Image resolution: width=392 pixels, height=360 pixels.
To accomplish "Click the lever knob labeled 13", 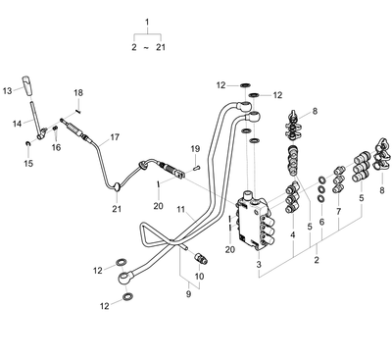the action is coord(28,86).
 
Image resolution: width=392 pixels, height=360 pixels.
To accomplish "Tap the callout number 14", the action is coord(17,124).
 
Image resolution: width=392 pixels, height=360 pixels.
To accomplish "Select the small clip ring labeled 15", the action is coord(28,143).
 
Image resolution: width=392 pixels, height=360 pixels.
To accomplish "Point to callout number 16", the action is coord(56,147).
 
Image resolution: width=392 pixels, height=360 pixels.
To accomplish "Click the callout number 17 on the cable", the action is coord(115,137).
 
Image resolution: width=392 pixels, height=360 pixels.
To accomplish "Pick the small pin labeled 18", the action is coord(78,111).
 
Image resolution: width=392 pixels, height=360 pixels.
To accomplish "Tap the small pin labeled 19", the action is coord(195,168).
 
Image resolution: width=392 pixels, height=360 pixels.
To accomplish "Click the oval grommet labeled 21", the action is coord(117,187).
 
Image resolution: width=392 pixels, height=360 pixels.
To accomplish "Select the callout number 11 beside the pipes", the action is coord(181,208).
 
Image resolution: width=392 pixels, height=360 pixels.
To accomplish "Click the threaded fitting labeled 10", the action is coord(200,257).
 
